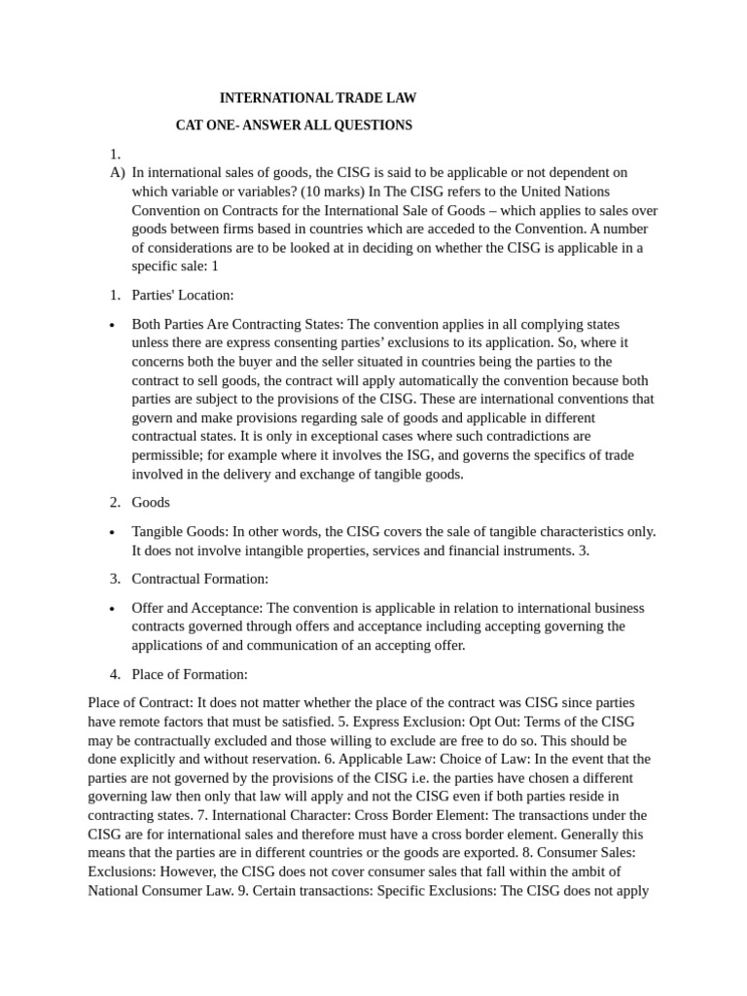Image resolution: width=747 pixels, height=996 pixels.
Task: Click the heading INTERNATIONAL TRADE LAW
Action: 318,98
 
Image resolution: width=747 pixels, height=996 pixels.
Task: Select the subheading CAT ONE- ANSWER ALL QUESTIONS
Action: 294,125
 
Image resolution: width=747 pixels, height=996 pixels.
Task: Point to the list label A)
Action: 118,173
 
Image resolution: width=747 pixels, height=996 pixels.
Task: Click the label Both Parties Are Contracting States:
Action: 238,324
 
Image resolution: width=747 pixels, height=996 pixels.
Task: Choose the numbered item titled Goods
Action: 151,502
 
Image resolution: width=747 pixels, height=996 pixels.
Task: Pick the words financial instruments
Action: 506,551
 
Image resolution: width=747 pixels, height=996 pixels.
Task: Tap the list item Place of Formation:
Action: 190,674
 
